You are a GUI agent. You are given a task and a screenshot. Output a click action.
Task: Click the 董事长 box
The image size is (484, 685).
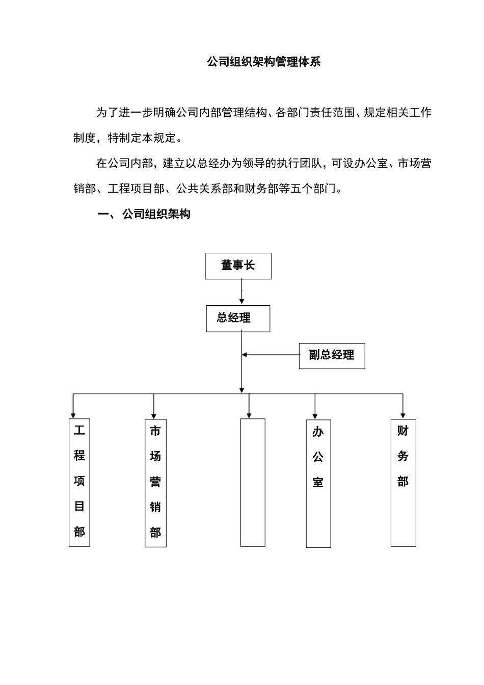(x=238, y=266)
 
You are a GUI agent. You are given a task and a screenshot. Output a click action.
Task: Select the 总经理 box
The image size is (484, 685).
(x=238, y=319)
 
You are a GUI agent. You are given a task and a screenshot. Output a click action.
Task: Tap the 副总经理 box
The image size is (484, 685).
(x=332, y=355)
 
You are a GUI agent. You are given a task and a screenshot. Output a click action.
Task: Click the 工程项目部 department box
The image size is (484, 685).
(x=79, y=482)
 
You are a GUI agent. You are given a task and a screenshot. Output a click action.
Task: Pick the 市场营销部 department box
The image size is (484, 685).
(x=155, y=483)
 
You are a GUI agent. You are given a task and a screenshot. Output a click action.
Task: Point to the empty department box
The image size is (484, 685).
(x=253, y=482)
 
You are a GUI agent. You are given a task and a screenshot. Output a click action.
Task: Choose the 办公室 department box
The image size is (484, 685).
(x=318, y=483)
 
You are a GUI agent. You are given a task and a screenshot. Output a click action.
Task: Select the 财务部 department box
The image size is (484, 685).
(x=403, y=482)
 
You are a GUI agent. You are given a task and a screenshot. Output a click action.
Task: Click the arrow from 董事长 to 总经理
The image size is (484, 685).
(x=241, y=293)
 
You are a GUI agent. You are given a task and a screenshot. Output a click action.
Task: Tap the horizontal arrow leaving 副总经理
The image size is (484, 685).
(x=270, y=355)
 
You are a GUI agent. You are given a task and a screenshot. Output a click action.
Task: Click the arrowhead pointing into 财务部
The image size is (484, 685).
(x=403, y=413)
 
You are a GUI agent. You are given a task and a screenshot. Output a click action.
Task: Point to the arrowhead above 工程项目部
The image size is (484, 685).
(x=73, y=413)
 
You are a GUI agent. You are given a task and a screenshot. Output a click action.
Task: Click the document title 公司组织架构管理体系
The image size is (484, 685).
(x=263, y=63)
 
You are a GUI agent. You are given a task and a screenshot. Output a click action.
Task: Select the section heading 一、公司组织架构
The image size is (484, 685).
(x=144, y=214)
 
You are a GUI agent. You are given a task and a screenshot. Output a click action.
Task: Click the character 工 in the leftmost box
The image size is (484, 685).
(x=79, y=430)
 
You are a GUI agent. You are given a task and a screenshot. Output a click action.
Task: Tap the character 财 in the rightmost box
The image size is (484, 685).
(x=403, y=431)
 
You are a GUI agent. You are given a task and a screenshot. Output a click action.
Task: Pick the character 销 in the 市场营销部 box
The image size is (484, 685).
(x=155, y=507)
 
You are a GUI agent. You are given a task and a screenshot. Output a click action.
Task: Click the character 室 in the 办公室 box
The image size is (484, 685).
(x=318, y=482)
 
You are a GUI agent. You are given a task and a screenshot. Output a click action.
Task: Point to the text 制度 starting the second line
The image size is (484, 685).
(x=85, y=138)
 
